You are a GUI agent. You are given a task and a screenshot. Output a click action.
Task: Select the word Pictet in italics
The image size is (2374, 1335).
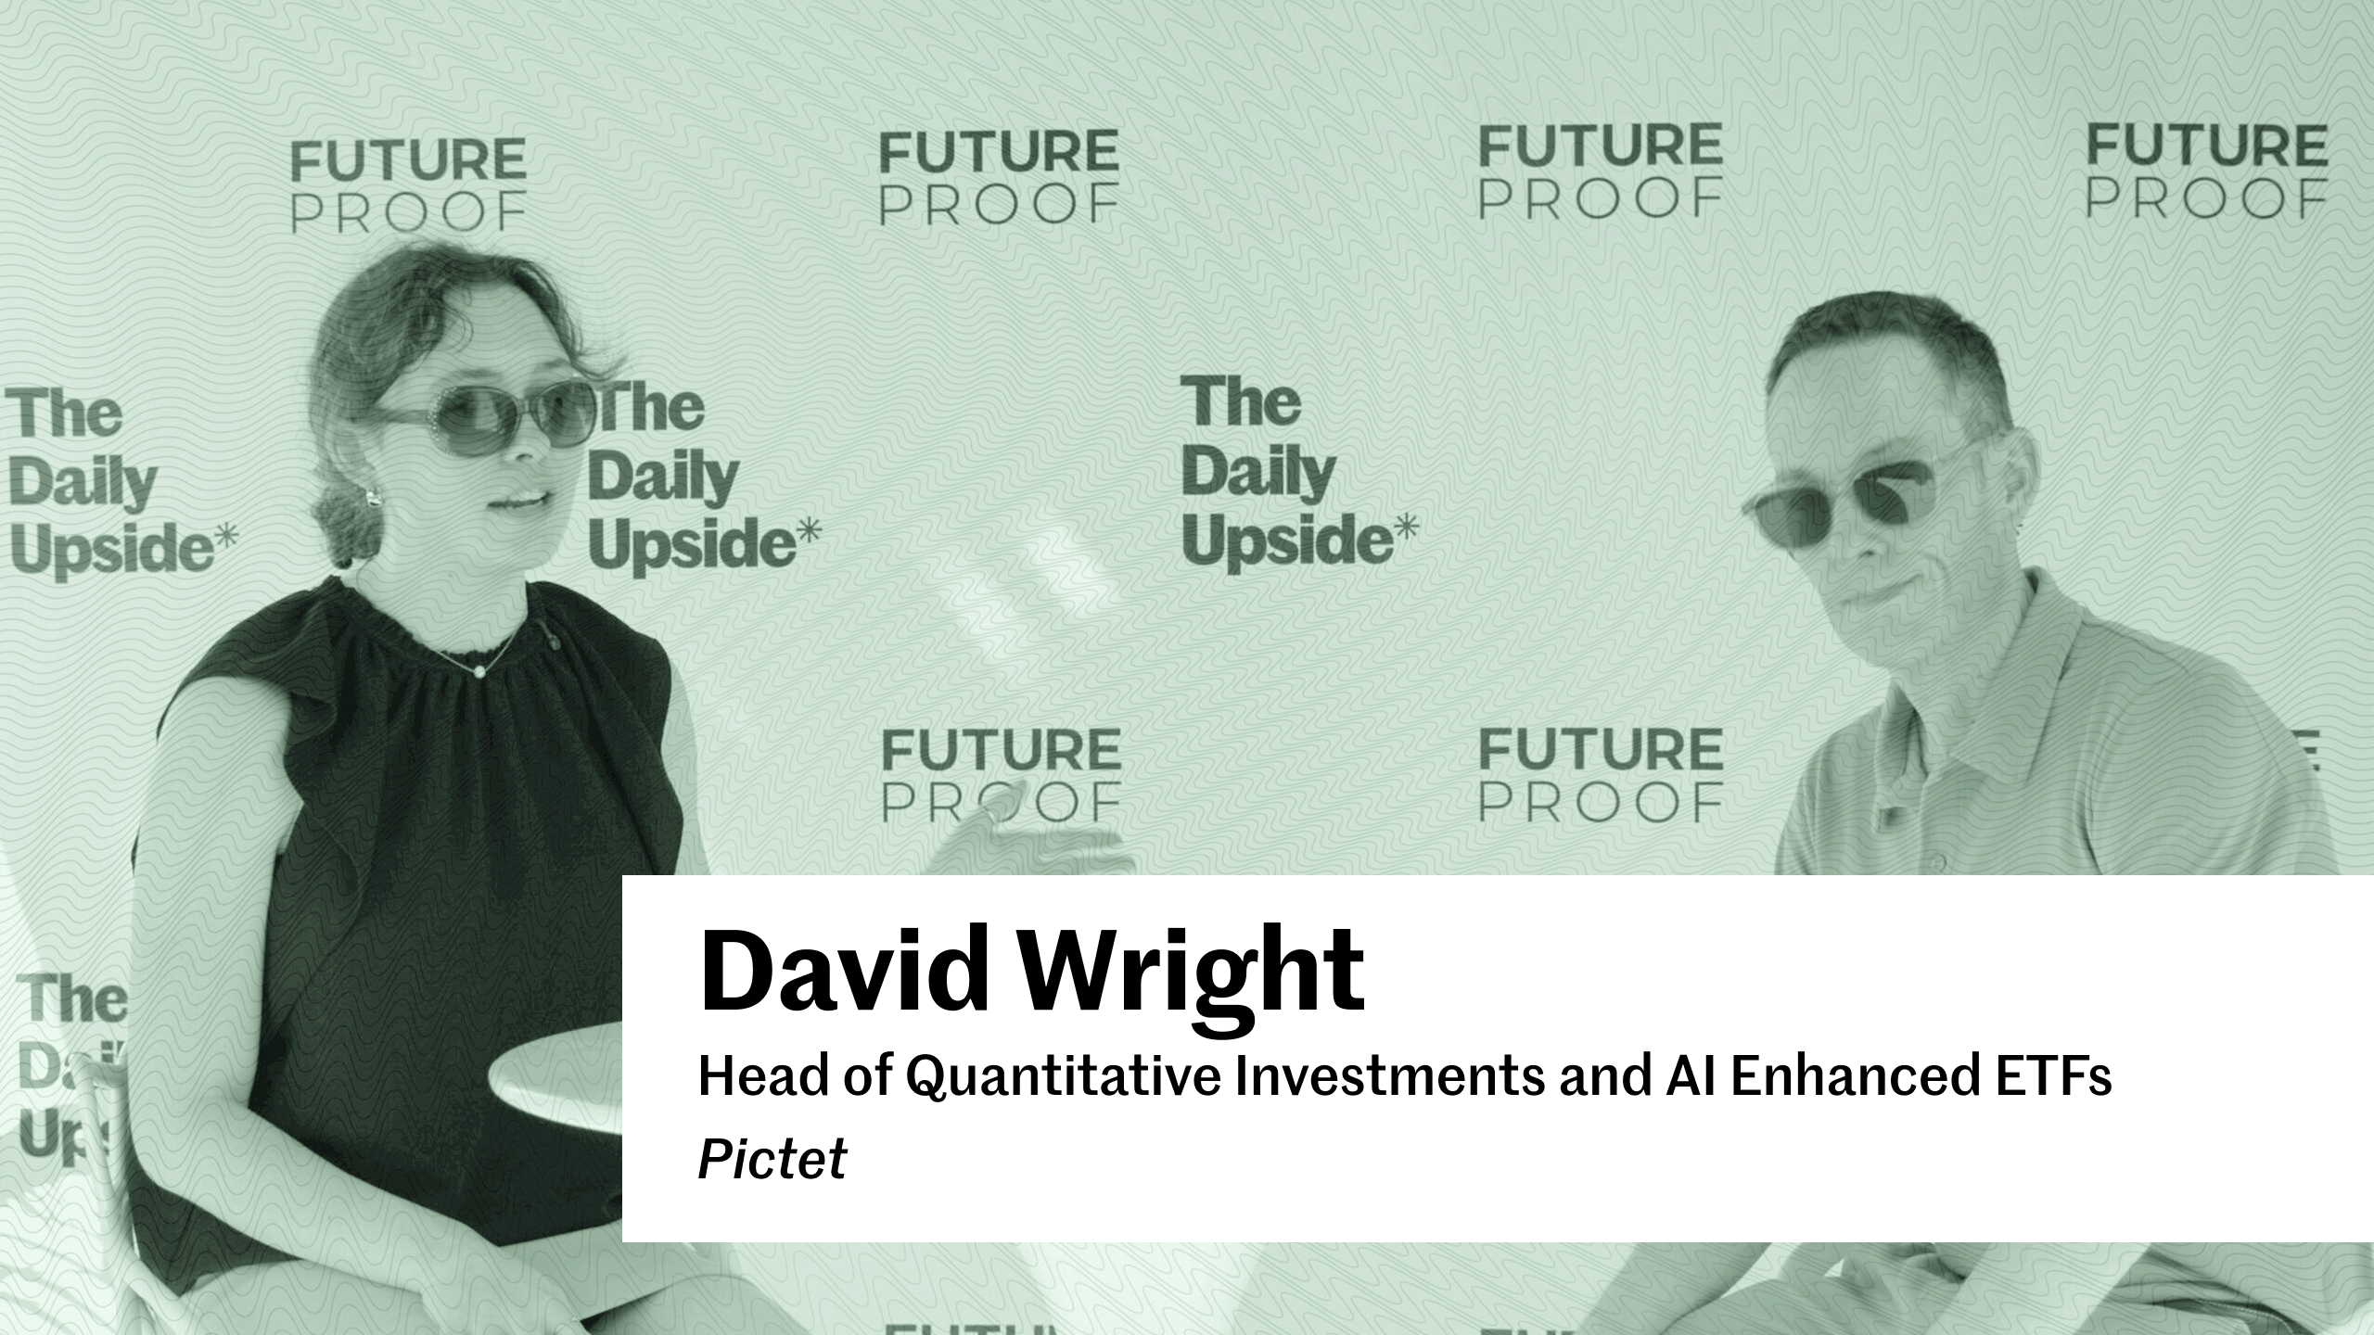pyautogui.click(x=772, y=1159)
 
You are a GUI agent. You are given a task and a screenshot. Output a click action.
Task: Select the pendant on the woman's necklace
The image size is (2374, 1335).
pyautogui.click(x=480, y=669)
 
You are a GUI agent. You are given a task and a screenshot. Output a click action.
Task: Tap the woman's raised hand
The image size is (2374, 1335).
pyautogui.click(x=1029, y=834)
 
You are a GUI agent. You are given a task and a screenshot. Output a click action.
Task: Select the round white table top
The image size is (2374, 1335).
pyautogui.click(x=556, y=1075)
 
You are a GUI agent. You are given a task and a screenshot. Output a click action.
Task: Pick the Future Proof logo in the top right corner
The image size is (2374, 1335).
pyautogui.click(x=2207, y=172)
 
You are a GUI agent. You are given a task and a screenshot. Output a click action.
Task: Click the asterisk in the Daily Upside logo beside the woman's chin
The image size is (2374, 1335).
pyautogui.click(x=809, y=530)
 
